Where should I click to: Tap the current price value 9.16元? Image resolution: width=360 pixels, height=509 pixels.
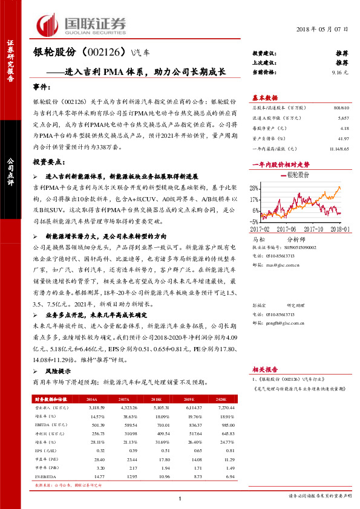(x=341, y=71)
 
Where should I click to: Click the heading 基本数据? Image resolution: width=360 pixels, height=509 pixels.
(x=265, y=97)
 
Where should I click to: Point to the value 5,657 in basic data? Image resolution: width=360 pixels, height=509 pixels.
(x=343, y=119)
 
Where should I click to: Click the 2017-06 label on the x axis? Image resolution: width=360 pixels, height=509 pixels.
(x=287, y=229)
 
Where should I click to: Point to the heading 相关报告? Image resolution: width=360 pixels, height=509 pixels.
(x=265, y=369)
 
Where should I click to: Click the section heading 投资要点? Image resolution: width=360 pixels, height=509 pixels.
(x=49, y=163)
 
